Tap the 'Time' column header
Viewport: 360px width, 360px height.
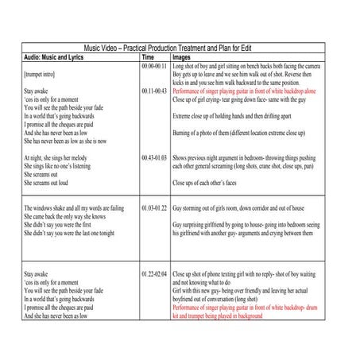(147, 57)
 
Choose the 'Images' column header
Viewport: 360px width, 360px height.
(181, 57)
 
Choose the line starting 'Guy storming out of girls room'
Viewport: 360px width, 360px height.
(243, 207)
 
